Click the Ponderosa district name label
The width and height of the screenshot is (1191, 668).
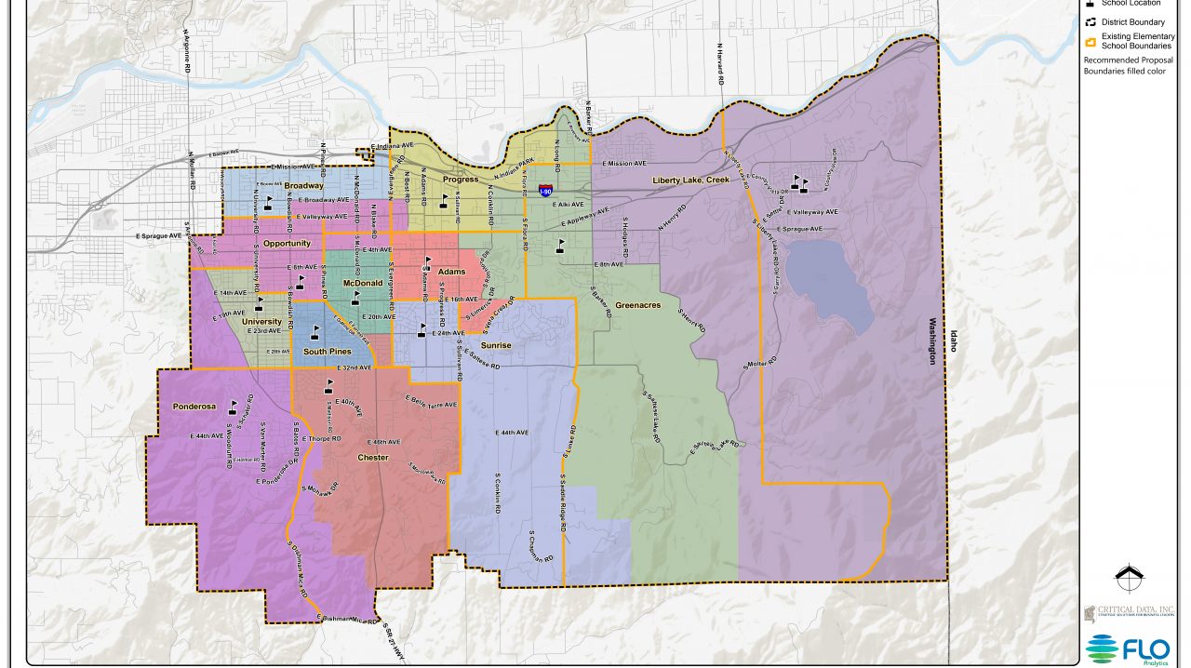194,407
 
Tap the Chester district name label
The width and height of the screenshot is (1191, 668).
373,458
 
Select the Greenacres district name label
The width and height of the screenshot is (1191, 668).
637,303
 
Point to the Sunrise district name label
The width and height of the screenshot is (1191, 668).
496,345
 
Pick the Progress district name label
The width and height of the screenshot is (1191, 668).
460,180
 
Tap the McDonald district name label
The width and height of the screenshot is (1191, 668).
363,283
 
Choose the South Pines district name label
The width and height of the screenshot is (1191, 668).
327,352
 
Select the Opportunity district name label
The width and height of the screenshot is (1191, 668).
286,244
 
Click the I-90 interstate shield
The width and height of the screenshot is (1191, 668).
546,191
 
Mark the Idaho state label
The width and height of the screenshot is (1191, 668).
952,345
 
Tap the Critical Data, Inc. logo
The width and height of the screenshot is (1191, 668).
1128,614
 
